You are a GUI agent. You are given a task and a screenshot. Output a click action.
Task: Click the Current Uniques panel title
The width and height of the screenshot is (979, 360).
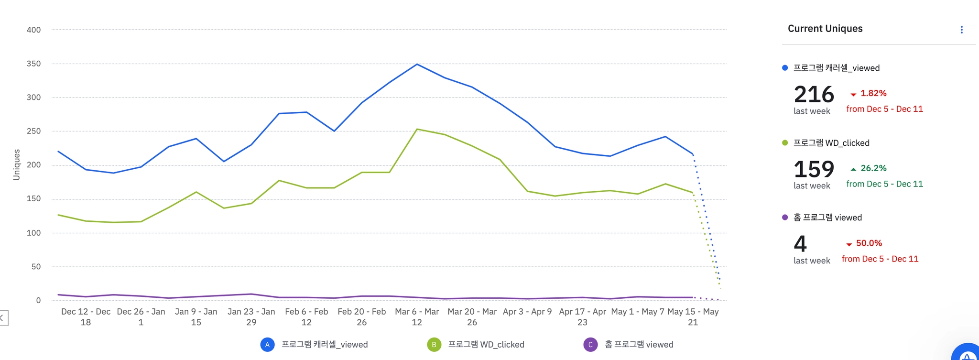pyautogui.click(x=825, y=29)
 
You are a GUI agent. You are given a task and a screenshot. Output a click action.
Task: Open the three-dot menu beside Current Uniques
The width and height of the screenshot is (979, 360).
pyautogui.click(x=961, y=30)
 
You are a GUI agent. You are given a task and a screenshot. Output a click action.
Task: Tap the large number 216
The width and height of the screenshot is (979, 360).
pyautogui.click(x=814, y=94)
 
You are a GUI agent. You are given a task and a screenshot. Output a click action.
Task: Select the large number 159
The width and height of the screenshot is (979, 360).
pyautogui.click(x=814, y=169)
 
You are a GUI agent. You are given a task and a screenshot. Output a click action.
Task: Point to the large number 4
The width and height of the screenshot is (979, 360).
pyautogui.click(x=800, y=244)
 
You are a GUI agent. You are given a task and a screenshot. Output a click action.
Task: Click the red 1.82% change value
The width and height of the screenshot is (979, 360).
pyautogui.click(x=873, y=93)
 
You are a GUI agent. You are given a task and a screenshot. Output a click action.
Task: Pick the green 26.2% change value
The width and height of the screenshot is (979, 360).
pyautogui.click(x=873, y=168)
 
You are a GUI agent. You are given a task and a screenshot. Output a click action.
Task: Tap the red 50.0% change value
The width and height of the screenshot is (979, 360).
pyautogui.click(x=869, y=243)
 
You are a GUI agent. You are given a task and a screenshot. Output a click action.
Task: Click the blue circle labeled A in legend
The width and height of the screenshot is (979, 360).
pyautogui.click(x=267, y=345)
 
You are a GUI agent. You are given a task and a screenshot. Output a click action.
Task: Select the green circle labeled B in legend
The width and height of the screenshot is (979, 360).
pyautogui.click(x=434, y=345)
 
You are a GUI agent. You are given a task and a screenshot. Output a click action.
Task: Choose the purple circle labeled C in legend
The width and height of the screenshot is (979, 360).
pyautogui.click(x=590, y=345)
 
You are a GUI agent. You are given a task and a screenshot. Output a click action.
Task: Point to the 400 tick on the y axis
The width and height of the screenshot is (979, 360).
pyautogui.click(x=33, y=30)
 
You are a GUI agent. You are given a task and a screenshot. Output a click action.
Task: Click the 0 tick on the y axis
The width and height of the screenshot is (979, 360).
pyautogui.click(x=38, y=300)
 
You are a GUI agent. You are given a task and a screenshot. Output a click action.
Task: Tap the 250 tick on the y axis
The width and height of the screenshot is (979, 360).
pyautogui.click(x=33, y=131)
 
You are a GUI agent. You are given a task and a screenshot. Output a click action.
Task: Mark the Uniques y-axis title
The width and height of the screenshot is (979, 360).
pyautogui.click(x=17, y=164)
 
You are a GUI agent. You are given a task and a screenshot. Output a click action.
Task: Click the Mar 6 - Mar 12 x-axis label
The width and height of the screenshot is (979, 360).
pyautogui.click(x=417, y=316)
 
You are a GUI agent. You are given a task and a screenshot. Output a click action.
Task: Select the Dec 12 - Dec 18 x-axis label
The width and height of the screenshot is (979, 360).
pyautogui.click(x=86, y=316)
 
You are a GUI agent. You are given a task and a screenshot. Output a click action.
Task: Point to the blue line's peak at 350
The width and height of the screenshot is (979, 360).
pyautogui.click(x=417, y=64)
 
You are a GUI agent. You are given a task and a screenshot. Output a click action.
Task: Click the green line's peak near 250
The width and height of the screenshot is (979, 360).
pyautogui.click(x=417, y=129)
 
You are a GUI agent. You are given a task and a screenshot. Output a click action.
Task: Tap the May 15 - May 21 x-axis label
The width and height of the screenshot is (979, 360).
pyautogui.click(x=693, y=316)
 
